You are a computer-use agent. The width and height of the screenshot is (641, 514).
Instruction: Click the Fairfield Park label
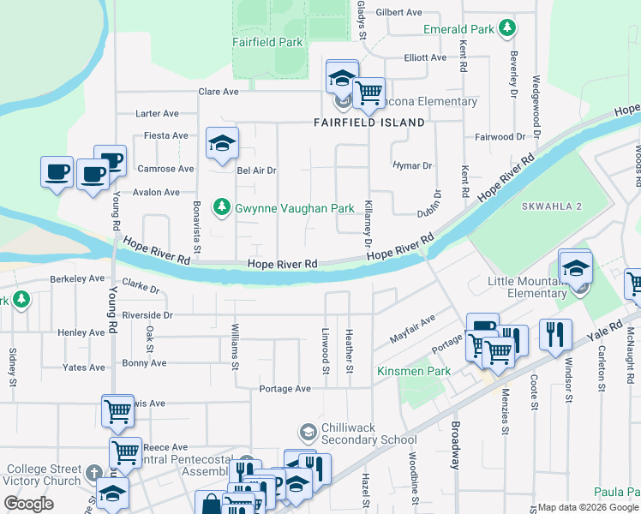click(267, 41)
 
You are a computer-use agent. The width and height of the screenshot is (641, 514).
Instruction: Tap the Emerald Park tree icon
click(507, 28)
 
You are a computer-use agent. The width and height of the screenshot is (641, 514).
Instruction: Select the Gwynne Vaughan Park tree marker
click(222, 207)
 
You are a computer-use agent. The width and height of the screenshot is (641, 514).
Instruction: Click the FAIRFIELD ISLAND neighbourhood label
click(368, 123)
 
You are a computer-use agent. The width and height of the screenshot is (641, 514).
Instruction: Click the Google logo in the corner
click(28, 503)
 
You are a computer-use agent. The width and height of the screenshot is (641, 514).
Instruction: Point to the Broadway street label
click(455, 445)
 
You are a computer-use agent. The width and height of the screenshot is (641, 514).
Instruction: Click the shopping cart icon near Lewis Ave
click(117, 411)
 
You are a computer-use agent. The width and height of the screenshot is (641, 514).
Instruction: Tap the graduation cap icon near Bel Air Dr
click(222, 144)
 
